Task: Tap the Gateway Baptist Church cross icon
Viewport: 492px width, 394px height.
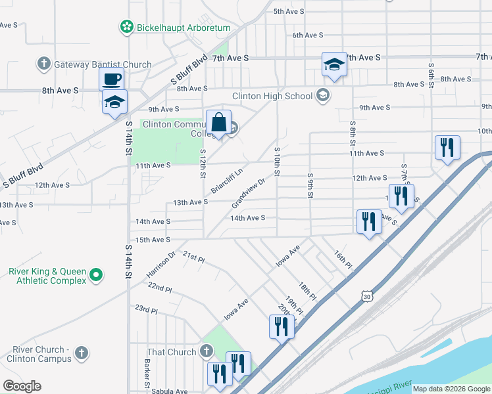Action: click(x=44, y=64)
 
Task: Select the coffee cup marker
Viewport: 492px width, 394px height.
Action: click(x=111, y=79)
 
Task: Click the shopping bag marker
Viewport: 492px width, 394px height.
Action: click(x=218, y=123)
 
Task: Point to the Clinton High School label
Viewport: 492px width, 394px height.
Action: click(x=272, y=96)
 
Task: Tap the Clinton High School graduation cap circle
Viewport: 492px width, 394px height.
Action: click(x=322, y=96)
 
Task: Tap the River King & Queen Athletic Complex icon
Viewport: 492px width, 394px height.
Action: click(x=96, y=274)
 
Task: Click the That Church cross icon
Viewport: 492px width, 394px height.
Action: click(x=206, y=352)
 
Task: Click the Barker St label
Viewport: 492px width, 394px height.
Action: click(x=147, y=377)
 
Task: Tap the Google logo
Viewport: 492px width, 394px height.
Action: click(x=22, y=386)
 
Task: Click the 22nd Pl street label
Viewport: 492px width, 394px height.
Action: click(x=160, y=288)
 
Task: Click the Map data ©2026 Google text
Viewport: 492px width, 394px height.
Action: click(x=451, y=389)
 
